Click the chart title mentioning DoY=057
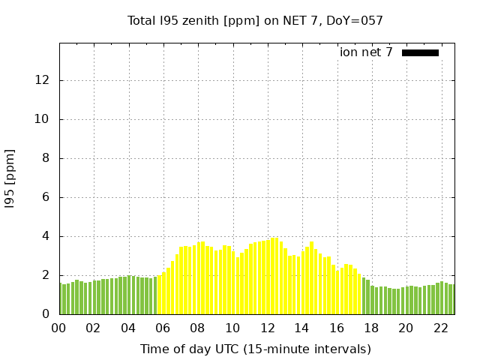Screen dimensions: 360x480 tap(255, 21)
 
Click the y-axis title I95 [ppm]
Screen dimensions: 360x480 tap(10, 178)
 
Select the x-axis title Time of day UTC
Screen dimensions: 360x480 tap(255, 349)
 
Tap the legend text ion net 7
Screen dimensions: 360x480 tap(366, 52)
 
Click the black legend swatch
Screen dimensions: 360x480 tap(420, 52)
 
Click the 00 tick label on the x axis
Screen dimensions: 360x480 tap(59, 328)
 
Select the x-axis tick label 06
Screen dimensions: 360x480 tap(163, 328)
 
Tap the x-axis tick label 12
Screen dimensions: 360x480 tap(267, 328)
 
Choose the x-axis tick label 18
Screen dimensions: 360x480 tap(371, 328)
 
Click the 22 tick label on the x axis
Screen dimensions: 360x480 tap(440, 328)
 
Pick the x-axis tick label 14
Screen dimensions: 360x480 tap(301, 328)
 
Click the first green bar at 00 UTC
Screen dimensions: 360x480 tap(63, 299)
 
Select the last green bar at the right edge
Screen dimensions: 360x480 tap(451, 299)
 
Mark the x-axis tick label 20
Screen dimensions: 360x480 tap(406, 328)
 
